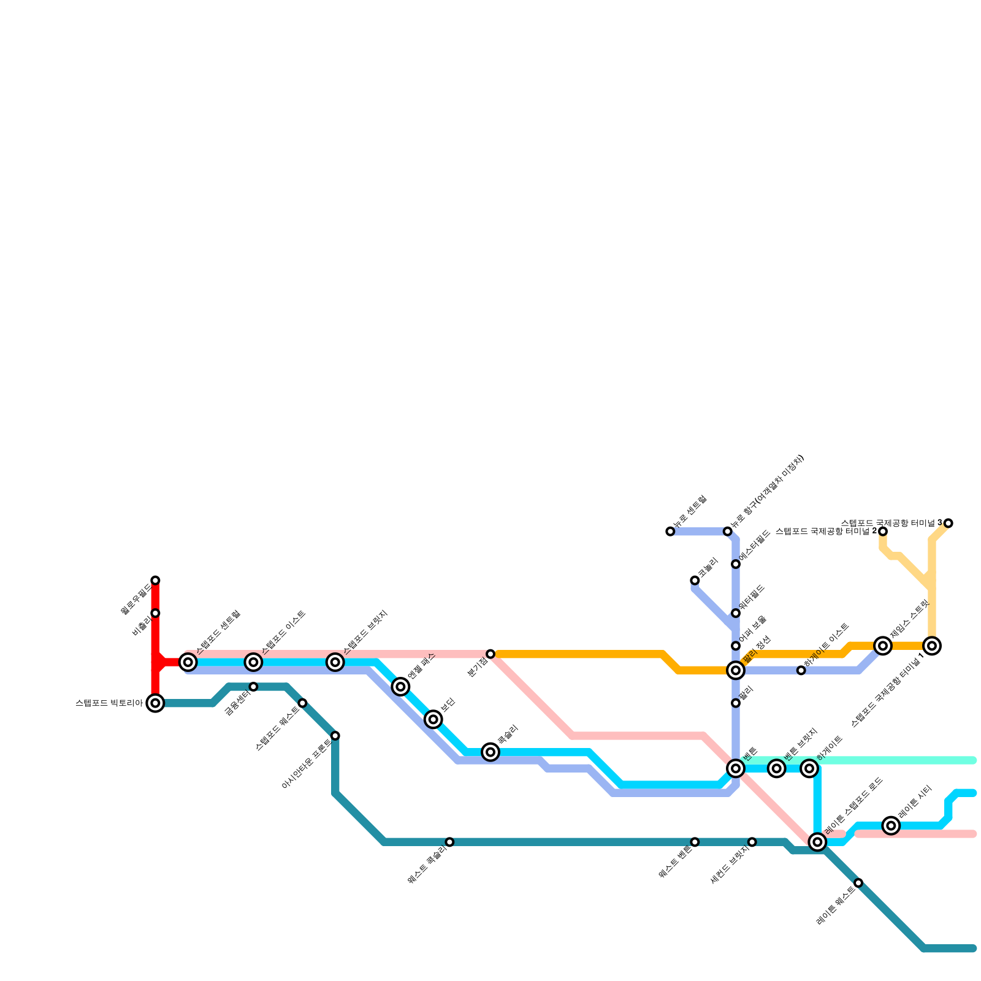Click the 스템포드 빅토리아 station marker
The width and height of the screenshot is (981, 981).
[x=155, y=703]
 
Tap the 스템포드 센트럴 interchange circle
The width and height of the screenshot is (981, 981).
[x=188, y=662]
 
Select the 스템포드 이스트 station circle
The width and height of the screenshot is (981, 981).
[x=253, y=662]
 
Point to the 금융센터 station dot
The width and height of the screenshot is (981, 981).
[x=253, y=687]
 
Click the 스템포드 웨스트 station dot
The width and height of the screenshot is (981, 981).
[x=302, y=703]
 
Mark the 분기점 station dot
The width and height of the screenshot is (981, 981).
[x=490, y=654]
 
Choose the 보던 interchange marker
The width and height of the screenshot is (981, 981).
[x=433, y=719]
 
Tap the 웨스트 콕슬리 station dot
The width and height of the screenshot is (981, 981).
[x=449, y=842]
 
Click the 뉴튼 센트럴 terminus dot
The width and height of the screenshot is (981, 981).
[x=670, y=532]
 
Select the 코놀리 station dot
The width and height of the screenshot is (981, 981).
[x=695, y=581]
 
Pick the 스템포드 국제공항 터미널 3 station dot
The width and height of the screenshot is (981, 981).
[x=949, y=523]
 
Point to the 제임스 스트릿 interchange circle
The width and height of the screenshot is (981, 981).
[x=883, y=646]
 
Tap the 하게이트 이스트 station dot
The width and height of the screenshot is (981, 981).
[x=801, y=670]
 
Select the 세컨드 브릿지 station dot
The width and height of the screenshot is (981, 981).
[x=752, y=842]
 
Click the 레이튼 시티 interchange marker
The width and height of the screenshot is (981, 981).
[x=891, y=826]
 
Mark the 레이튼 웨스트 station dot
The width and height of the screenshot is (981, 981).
[x=858, y=883]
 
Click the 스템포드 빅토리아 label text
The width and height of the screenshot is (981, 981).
[x=109, y=703]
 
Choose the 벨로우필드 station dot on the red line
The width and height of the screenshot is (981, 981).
[x=155, y=581]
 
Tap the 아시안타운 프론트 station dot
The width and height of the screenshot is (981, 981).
[x=335, y=736]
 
